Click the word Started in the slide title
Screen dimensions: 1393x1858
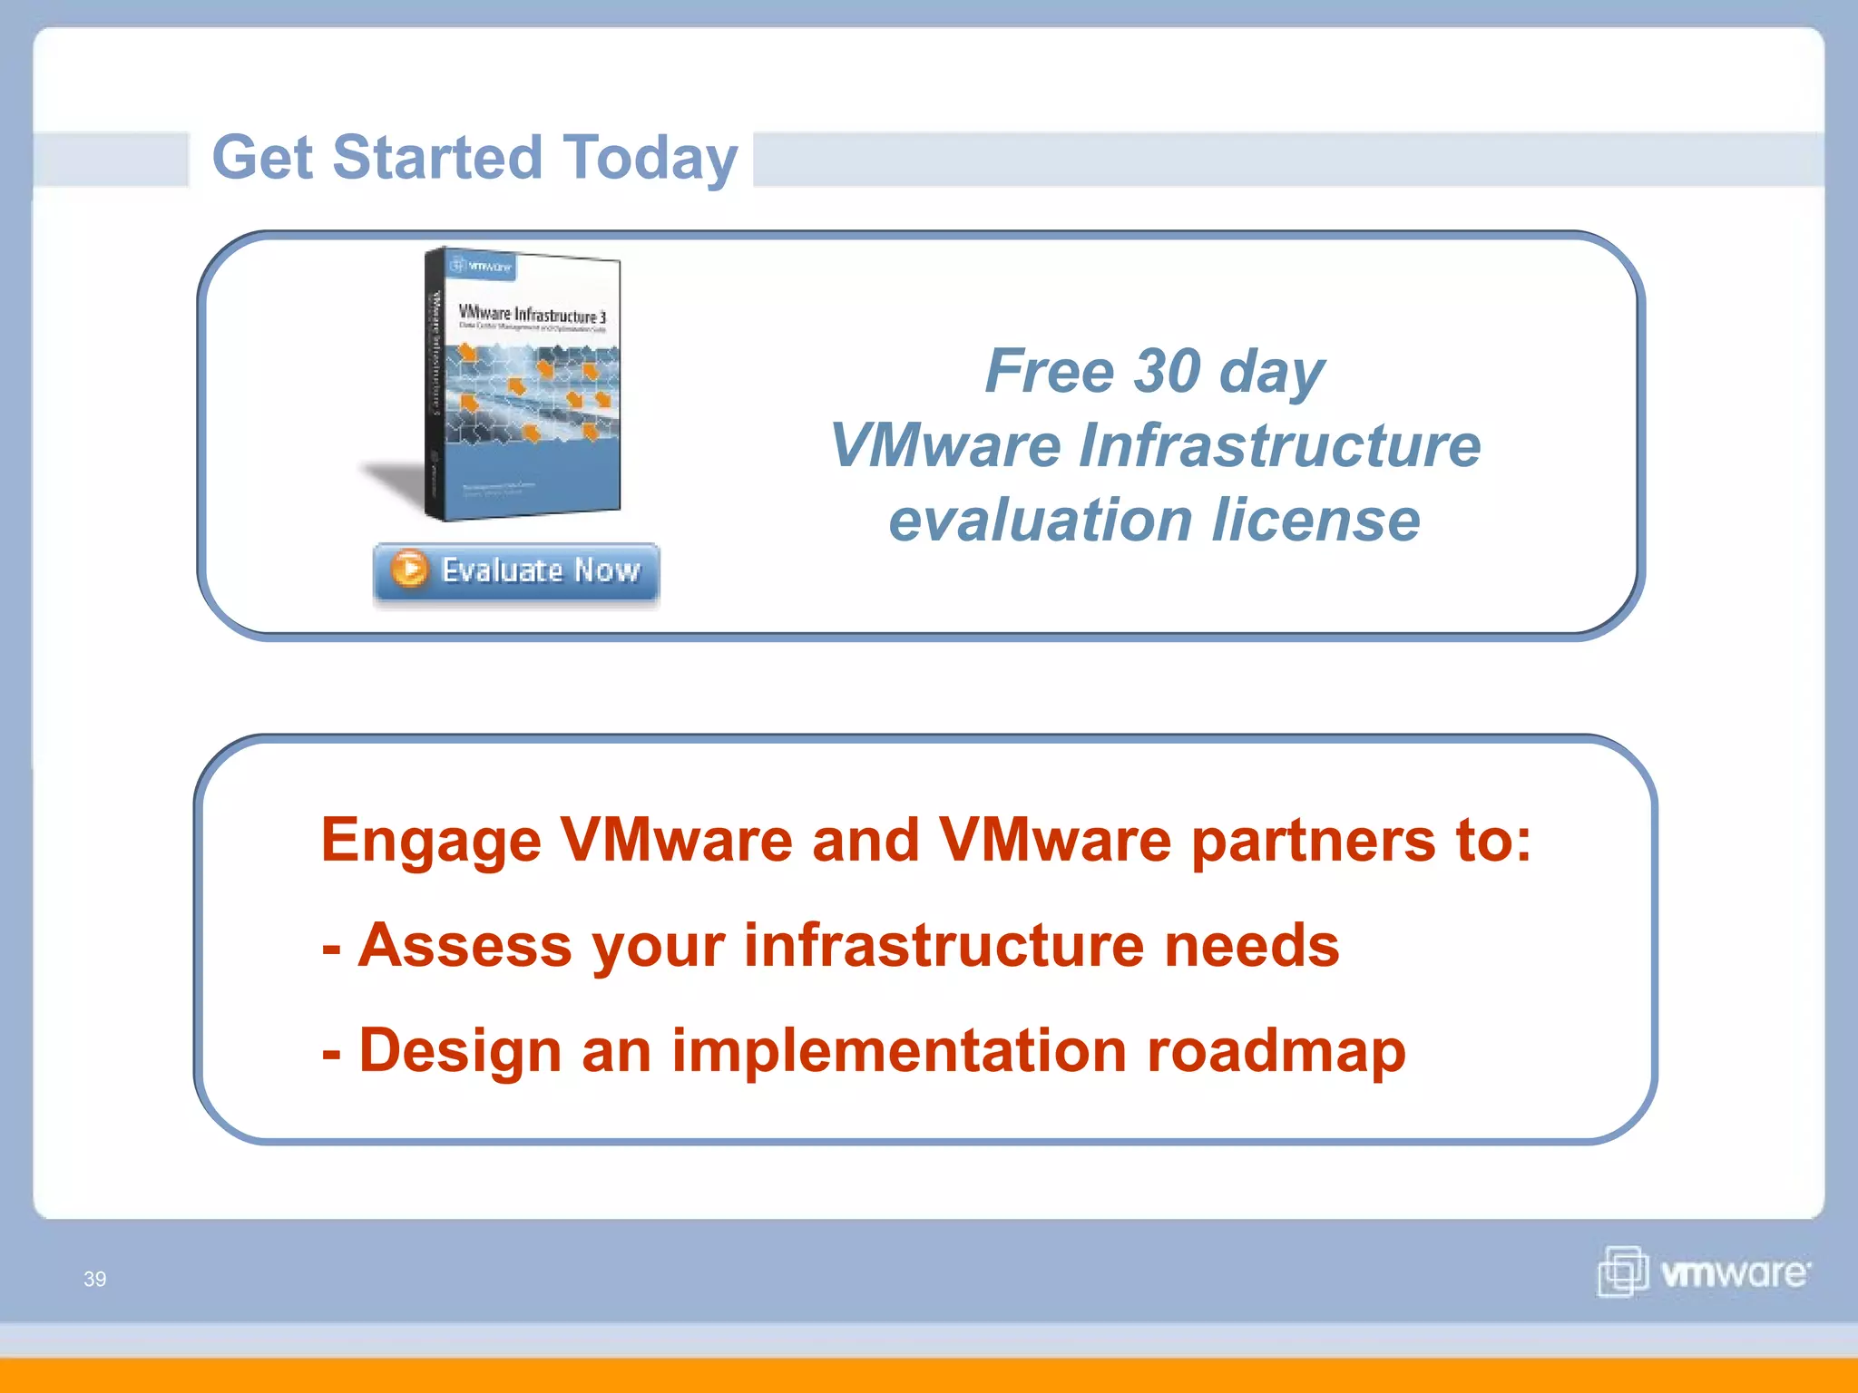pyautogui.click(x=437, y=158)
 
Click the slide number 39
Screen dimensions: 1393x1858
pyautogui.click(x=95, y=1279)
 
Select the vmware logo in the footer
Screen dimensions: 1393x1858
pyautogui.click(x=1704, y=1272)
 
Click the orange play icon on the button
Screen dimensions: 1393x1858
pyautogui.click(x=409, y=570)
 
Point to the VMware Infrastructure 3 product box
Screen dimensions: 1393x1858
pyautogui.click(x=524, y=385)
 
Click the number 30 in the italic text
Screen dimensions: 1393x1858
pyautogui.click(x=1168, y=371)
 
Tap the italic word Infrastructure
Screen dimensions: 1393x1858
pyautogui.click(x=1279, y=445)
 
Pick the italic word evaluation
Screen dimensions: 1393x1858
pyautogui.click(x=1040, y=521)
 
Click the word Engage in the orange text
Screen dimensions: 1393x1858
pyautogui.click(x=430, y=841)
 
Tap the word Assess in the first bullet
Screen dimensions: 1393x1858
pyautogui.click(x=464, y=945)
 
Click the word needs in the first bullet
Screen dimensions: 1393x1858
pyautogui.click(x=1251, y=945)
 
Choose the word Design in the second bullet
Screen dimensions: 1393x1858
pyautogui.click(x=460, y=1050)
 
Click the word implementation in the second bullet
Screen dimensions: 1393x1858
pyautogui.click(x=899, y=1050)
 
